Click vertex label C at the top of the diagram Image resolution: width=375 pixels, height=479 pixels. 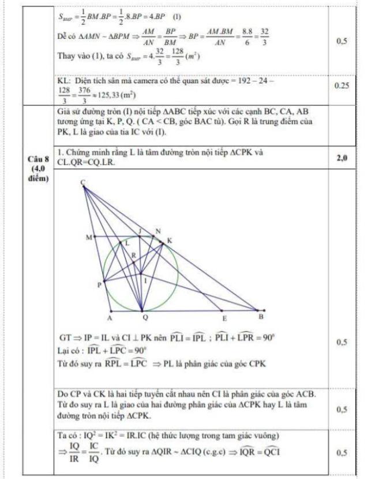coord(83,182)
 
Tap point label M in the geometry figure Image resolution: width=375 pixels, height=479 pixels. coord(88,237)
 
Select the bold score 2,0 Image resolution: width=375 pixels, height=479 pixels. coord(342,157)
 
